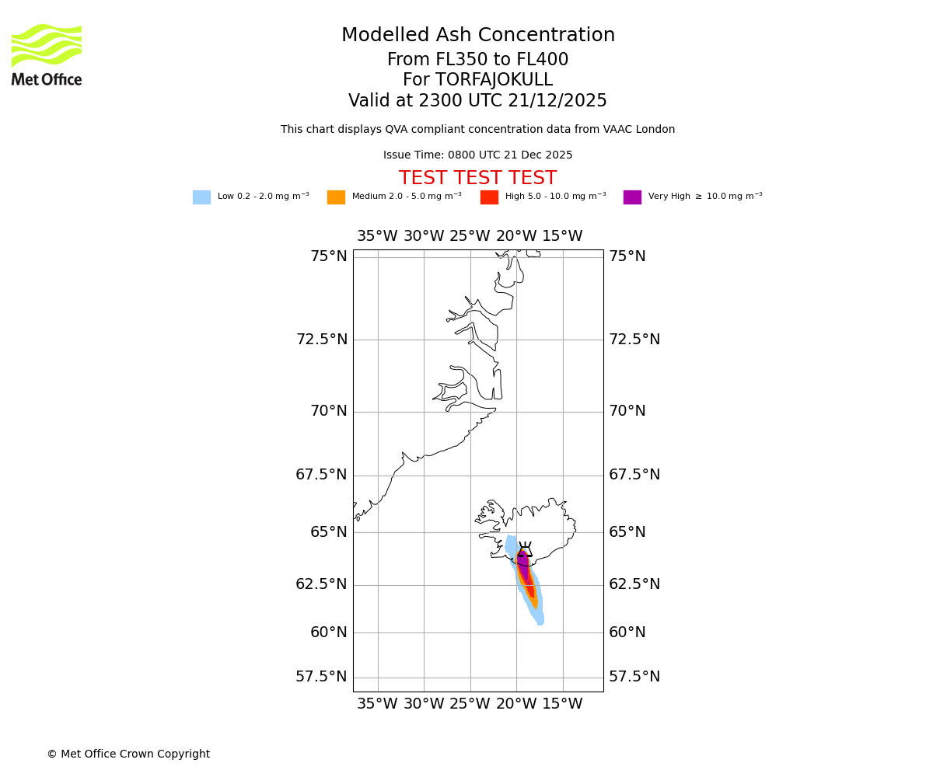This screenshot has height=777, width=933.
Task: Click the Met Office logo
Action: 47,54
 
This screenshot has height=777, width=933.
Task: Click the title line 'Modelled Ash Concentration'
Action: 477,36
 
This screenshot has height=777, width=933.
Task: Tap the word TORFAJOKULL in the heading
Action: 494,80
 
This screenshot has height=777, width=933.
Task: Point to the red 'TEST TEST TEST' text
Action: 477,179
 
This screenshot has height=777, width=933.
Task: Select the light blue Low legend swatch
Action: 201,197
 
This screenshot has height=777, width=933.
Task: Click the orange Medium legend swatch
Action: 336,197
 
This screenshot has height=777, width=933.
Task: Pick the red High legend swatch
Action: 489,197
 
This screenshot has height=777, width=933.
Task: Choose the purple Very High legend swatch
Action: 632,197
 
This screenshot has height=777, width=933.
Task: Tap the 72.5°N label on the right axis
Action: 634,340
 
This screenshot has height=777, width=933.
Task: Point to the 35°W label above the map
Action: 377,236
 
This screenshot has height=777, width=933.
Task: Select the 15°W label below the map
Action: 562,704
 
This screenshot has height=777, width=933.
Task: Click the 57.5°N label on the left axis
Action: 321,677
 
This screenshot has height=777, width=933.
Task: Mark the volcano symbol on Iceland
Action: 525,550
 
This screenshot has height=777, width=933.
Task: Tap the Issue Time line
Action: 477,155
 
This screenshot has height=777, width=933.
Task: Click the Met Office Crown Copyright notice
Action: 128,754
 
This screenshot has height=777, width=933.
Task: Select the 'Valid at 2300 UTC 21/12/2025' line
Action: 477,101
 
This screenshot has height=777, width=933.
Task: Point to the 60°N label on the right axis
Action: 627,632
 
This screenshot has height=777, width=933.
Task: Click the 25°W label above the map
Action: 470,236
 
